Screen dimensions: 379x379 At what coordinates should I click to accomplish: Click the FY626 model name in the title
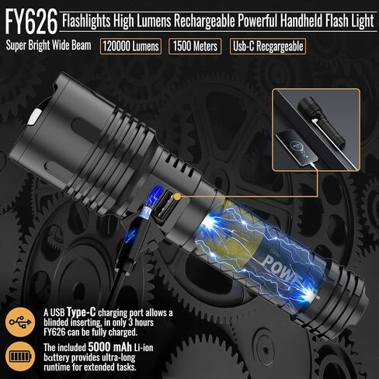31,23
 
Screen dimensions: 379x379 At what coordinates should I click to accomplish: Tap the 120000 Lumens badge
130,47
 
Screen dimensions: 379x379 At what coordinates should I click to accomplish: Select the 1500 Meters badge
195,47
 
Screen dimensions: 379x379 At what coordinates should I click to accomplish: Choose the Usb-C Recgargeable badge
268,47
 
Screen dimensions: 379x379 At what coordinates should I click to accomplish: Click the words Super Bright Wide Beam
48,46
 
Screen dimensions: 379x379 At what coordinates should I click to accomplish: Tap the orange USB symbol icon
20,322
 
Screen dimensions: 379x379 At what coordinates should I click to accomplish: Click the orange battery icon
20,356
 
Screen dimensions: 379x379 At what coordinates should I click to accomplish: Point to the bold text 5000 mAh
110,346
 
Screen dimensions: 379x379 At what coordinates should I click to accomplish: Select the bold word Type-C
82,312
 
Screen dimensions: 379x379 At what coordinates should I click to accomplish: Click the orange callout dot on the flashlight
177,196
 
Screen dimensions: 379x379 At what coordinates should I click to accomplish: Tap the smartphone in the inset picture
297,148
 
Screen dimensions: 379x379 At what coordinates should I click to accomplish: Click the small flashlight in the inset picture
322,123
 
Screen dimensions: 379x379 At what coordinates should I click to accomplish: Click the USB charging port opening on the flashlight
165,207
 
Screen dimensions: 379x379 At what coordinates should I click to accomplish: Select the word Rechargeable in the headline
204,21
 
